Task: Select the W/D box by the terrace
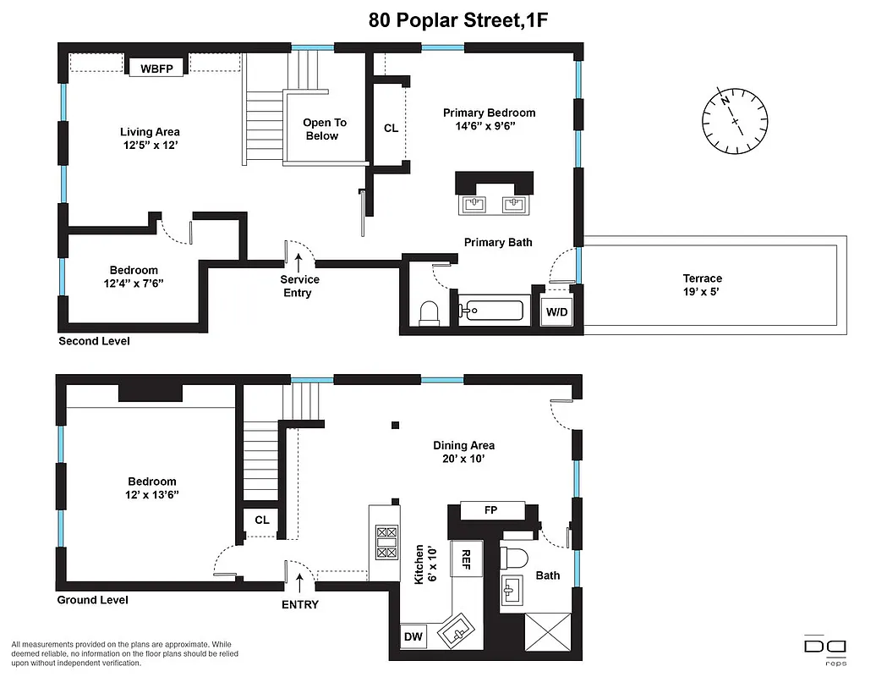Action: click(x=556, y=311)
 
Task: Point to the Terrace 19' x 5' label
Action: click(x=702, y=284)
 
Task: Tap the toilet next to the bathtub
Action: click(x=430, y=313)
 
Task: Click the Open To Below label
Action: click(x=325, y=129)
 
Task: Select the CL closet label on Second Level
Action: click(x=390, y=129)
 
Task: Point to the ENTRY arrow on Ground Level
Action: click(x=298, y=581)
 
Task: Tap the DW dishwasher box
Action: click(x=413, y=636)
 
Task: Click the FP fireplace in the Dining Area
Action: click(x=490, y=511)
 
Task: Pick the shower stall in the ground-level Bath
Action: click(x=548, y=634)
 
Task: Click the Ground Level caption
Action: click(x=92, y=600)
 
